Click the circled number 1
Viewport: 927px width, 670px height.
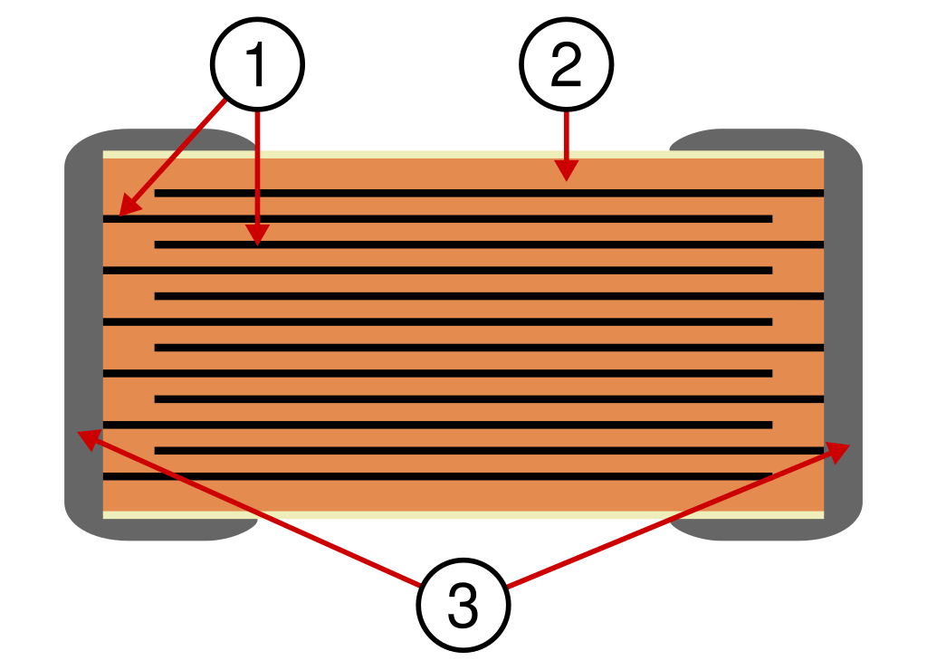coord(257,64)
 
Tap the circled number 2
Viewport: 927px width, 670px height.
coord(567,64)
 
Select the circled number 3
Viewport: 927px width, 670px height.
coord(463,605)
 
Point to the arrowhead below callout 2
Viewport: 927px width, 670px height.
coord(567,170)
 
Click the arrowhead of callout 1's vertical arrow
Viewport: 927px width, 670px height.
coord(257,234)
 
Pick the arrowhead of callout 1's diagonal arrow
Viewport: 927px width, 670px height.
coord(129,206)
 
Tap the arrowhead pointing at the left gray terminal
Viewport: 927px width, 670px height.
coord(89,439)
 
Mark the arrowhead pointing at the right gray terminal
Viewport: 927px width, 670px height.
coord(838,452)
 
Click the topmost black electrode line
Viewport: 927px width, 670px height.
coord(489,193)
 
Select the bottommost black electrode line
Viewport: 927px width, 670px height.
coord(437,476)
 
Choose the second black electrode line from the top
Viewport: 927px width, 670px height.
coord(437,219)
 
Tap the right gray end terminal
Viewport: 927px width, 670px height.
coord(843,334)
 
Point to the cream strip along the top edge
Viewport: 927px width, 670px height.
coord(463,154)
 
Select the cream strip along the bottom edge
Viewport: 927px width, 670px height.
coord(463,514)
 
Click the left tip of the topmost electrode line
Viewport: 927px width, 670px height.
coord(155,193)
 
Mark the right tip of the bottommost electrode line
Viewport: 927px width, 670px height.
coord(772,476)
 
